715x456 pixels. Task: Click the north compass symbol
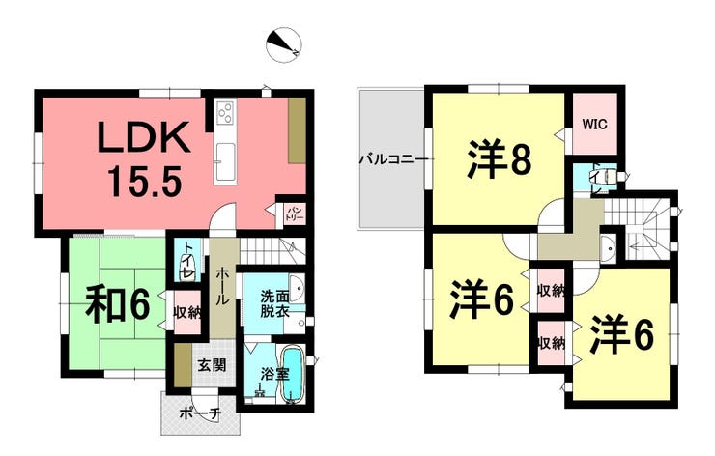pyautogui.click(x=283, y=44)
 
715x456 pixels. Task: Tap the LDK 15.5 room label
pyautogui.click(x=144, y=158)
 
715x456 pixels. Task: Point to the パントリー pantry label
pyautogui.click(x=294, y=214)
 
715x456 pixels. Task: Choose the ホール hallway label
pyautogui.click(x=223, y=286)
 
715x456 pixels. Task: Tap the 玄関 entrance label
pyautogui.click(x=212, y=365)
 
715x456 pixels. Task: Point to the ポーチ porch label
pyautogui.click(x=200, y=413)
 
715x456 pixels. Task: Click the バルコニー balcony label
pyautogui.click(x=393, y=159)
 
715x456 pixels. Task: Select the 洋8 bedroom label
pyautogui.click(x=500, y=158)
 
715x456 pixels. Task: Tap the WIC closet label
pyautogui.click(x=594, y=124)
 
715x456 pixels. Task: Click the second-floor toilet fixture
pyautogui.click(x=610, y=176)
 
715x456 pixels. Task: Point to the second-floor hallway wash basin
pyautogui.click(x=607, y=248)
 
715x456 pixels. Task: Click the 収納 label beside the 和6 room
pyautogui.click(x=187, y=313)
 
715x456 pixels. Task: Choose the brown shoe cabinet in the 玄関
pyautogui.click(x=184, y=365)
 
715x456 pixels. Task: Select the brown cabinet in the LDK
pyautogui.click(x=297, y=129)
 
